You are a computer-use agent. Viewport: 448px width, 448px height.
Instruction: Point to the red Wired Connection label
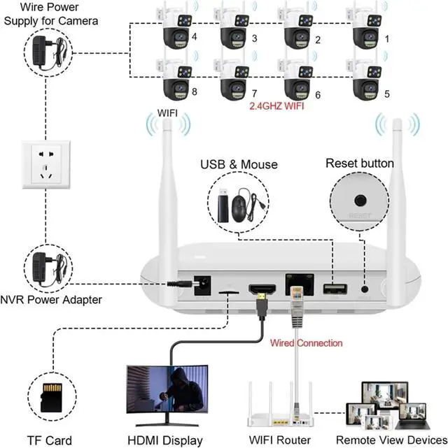click(x=307, y=343)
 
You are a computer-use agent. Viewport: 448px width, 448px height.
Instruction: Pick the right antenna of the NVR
click(x=398, y=189)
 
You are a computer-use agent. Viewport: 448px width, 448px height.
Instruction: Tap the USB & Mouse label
click(x=239, y=164)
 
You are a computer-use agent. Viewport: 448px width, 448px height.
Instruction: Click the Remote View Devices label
click(x=391, y=440)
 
